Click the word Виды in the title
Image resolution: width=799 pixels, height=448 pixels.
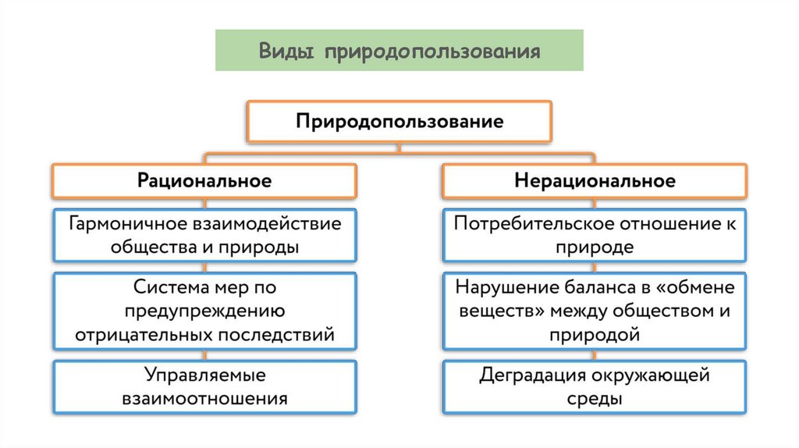point(286,52)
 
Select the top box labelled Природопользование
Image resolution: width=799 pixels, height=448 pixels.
point(399,122)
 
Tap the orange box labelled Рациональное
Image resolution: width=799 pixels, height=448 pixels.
point(204,181)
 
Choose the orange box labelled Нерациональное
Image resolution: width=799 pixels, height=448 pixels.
point(595,181)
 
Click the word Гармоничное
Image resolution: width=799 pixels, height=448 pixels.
point(125,224)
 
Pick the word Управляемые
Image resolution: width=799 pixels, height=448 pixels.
point(205,375)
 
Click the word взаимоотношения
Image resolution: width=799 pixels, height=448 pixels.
point(205,399)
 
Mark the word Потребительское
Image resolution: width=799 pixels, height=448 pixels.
point(532,224)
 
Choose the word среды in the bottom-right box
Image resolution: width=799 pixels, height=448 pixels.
point(595,399)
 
